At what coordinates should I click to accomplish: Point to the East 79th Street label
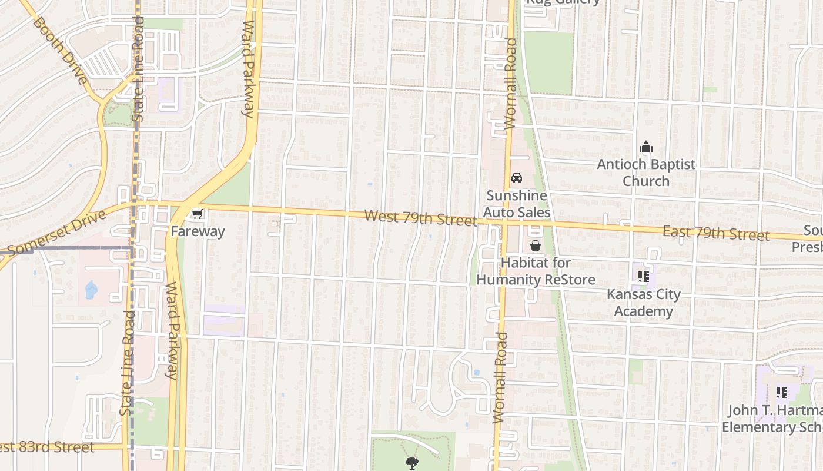[x=715, y=233]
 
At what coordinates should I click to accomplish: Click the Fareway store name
[x=198, y=231]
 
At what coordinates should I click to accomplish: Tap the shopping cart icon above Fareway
[x=198, y=215]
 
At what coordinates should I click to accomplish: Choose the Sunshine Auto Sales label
[x=517, y=204]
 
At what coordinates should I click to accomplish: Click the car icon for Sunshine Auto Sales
[x=517, y=177]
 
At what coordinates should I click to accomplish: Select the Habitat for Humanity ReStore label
[x=536, y=271]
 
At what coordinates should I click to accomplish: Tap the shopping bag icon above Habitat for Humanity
[x=536, y=246]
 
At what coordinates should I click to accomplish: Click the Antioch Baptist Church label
[x=646, y=173]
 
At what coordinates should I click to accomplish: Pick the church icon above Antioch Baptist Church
[x=646, y=147]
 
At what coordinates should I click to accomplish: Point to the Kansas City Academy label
[x=643, y=303]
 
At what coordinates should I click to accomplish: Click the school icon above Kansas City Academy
[x=643, y=276]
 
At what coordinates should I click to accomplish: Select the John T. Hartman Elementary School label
[x=772, y=419]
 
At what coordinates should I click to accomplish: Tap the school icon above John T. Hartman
[x=781, y=392]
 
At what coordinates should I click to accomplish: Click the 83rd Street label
[x=47, y=447]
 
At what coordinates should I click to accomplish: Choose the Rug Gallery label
[x=563, y=2]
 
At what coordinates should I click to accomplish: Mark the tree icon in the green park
[x=411, y=463]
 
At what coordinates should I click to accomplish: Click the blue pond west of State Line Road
[x=91, y=290]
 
